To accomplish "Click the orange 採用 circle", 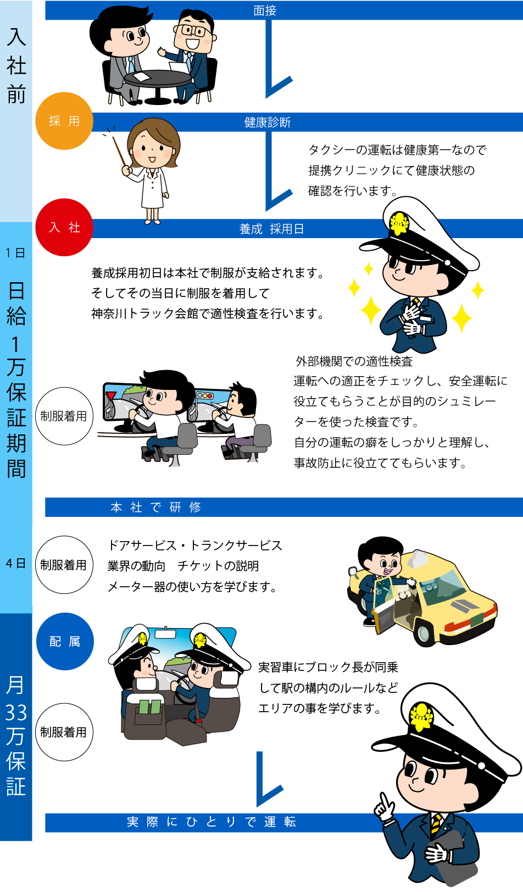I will pyautogui.click(x=64, y=121).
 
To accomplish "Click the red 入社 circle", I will pyautogui.click(x=64, y=227).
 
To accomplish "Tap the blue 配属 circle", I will pyautogui.click(x=65, y=641).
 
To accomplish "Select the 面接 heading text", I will pyautogui.click(x=265, y=10).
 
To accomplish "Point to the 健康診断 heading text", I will pyautogui.click(x=268, y=122).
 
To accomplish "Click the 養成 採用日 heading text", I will pyautogui.click(x=271, y=229).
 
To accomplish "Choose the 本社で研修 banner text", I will pyautogui.click(x=156, y=507).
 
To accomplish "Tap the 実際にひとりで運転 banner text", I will pyautogui.click(x=212, y=822).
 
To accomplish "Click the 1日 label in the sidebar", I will pyautogui.click(x=15, y=253).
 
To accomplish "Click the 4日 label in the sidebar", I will pyautogui.click(x=16, y=563).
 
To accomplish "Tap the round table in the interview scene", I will pyautogui.click(x=157, y=79).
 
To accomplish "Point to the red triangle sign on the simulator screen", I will pyautogui.click(x=112, y=396).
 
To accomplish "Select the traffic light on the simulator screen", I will pyautogui.click(x=205, y=396).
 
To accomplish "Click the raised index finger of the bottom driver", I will pyautogui.click(x=385, y=799).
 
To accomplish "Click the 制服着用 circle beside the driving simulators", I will pyautogui.click(x=64, y=416).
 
